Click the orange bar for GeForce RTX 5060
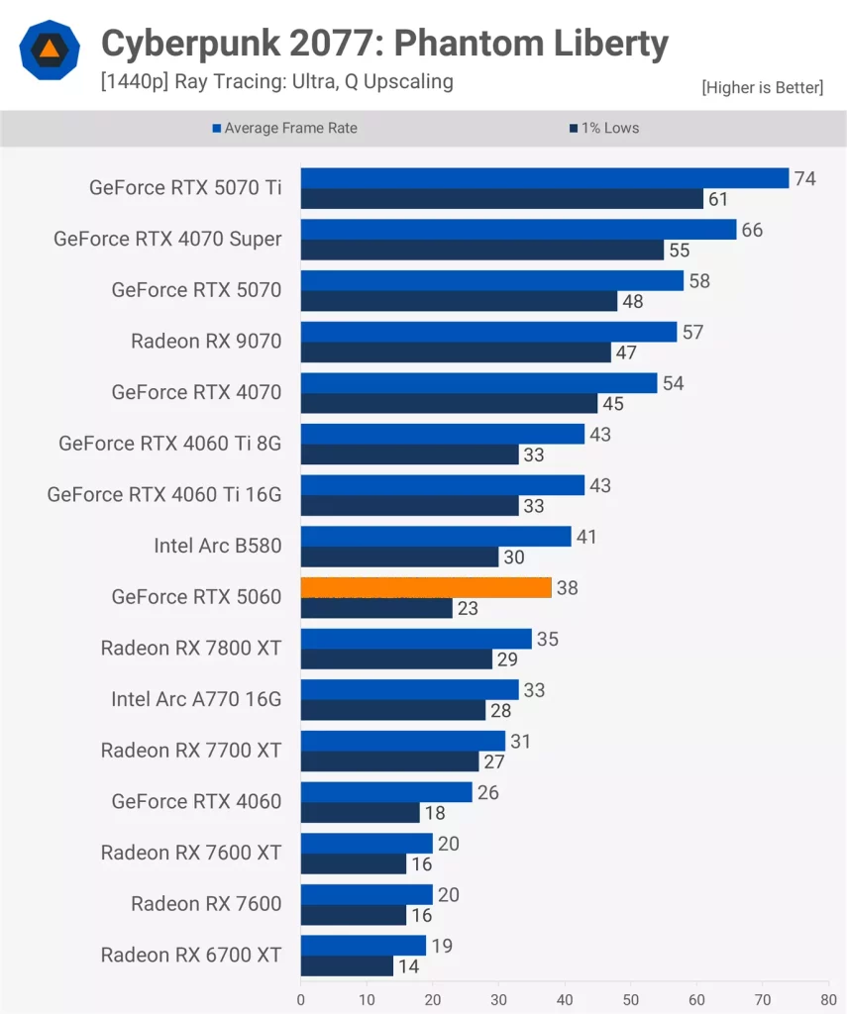click(x=426, y=587)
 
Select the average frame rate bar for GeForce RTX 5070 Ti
click(x=545, y=178)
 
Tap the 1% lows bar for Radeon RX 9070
click(x=456, y=353)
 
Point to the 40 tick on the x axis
click(x=565, y=999)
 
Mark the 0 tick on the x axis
click(x=301, y=999)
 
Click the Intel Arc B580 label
click(x=218, y=546)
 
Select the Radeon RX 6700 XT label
click(x=191, y=955)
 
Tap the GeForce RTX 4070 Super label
click(x=167, y=239)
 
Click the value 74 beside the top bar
click(x=804, y=178)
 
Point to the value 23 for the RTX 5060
click(x=468, y=609)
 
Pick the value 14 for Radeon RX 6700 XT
click(x=408, y=966)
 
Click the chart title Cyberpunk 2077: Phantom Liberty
click(x=384, y=44)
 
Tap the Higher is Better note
click(x=762, y=88)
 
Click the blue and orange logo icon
click(x=49, y=50)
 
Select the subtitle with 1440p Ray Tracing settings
click(x=276, y=81)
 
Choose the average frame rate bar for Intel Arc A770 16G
click(x=410, y=689)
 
